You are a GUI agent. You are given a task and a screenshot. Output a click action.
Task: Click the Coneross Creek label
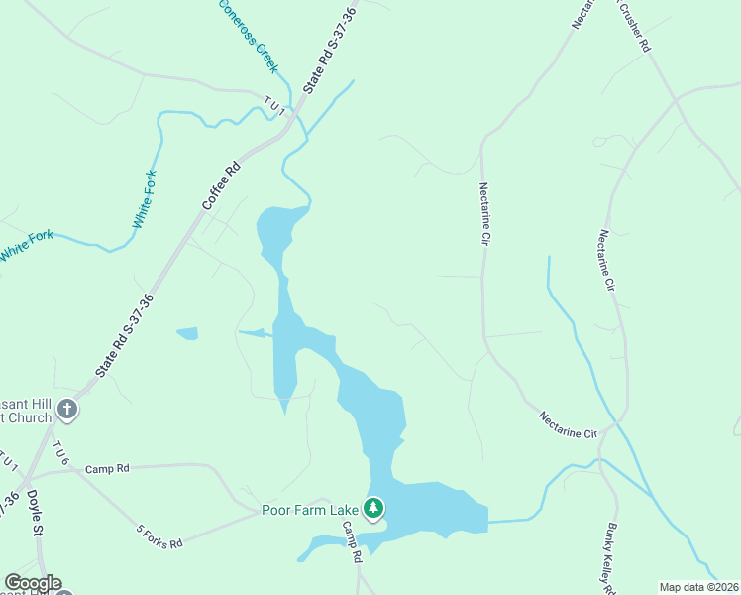(249, 37)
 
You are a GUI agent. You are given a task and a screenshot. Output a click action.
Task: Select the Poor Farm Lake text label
(309, 510)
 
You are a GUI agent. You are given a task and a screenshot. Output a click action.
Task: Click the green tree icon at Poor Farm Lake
(373, 509)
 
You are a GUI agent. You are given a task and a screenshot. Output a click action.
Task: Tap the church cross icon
(67, 409)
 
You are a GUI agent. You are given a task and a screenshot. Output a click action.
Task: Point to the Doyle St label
(37, 518)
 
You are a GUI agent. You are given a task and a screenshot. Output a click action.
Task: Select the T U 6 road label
(62, 452)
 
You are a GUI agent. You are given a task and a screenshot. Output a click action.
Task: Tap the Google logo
(33, 583)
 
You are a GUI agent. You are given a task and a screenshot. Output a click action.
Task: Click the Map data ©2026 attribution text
(699, 587)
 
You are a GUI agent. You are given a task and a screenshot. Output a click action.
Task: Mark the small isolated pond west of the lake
(186, 333)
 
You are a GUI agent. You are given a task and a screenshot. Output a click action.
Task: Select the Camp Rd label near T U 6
(107, 468)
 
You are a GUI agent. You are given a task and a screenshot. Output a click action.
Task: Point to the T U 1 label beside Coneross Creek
(274, 106)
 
